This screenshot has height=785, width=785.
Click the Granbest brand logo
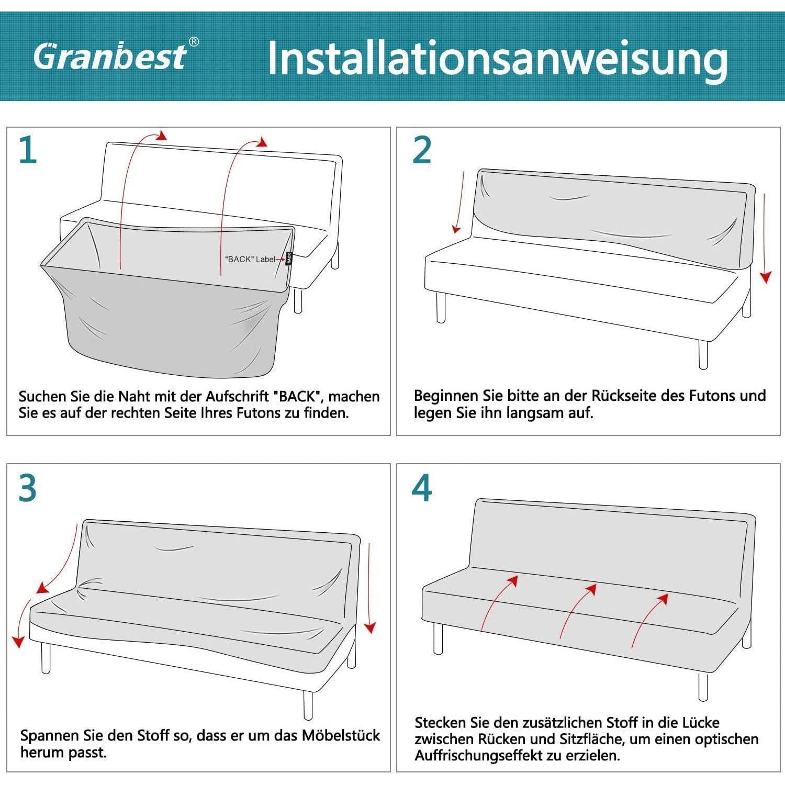click(110, 57)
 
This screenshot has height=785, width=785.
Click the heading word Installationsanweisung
click(497, 59)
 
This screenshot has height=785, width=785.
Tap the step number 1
click(28, 150)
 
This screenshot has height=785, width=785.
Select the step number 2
click(422, 150)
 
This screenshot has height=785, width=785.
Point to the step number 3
click(28, 487)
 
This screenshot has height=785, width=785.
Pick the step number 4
click(422, 487)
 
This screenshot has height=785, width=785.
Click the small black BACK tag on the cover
click(289, 259)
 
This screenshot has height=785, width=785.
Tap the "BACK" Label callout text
click(250, 259)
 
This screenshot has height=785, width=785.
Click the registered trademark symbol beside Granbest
click(194, 42)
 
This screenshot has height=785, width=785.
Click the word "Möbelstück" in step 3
click(341, 735)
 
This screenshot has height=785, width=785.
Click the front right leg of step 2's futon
click(703, 355)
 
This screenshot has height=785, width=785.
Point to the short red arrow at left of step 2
click(459, 201)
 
